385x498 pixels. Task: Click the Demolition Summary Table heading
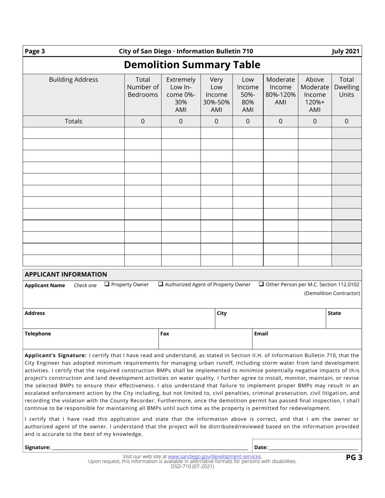click(192, 65)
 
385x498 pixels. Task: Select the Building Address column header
click(73, 80)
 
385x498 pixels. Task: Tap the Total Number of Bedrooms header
click(143, 87)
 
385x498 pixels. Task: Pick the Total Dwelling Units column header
click(346, 87)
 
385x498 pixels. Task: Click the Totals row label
click(73, 121)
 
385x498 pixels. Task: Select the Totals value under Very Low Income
click(216, 121)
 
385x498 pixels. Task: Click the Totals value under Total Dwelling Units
click(346, 121)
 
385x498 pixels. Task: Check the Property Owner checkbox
click(107, 284)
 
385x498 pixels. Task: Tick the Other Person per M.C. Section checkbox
click(261, 284)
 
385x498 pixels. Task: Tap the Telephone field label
click(38, 334)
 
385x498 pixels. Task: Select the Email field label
click(261, 334)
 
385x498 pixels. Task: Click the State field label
click(334, 313)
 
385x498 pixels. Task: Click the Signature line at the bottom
click(150, 447)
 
